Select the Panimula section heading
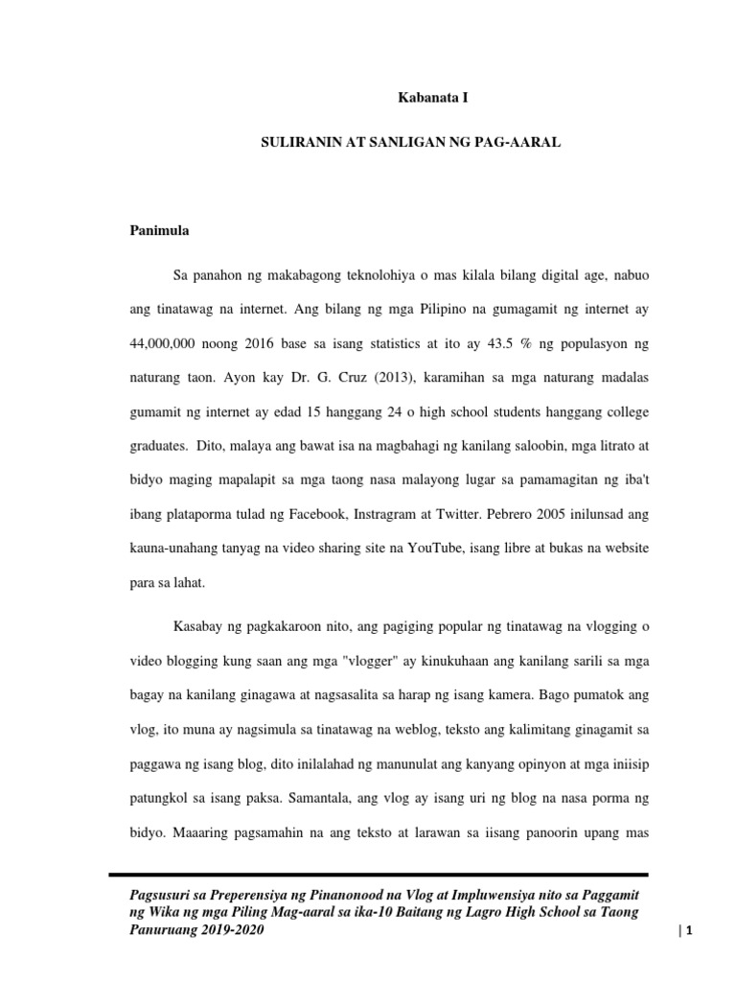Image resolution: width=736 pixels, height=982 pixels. coord(159,231)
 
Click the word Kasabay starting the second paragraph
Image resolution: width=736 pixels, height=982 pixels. coord(196,626)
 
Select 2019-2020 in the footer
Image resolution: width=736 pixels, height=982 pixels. coord(232,930)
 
